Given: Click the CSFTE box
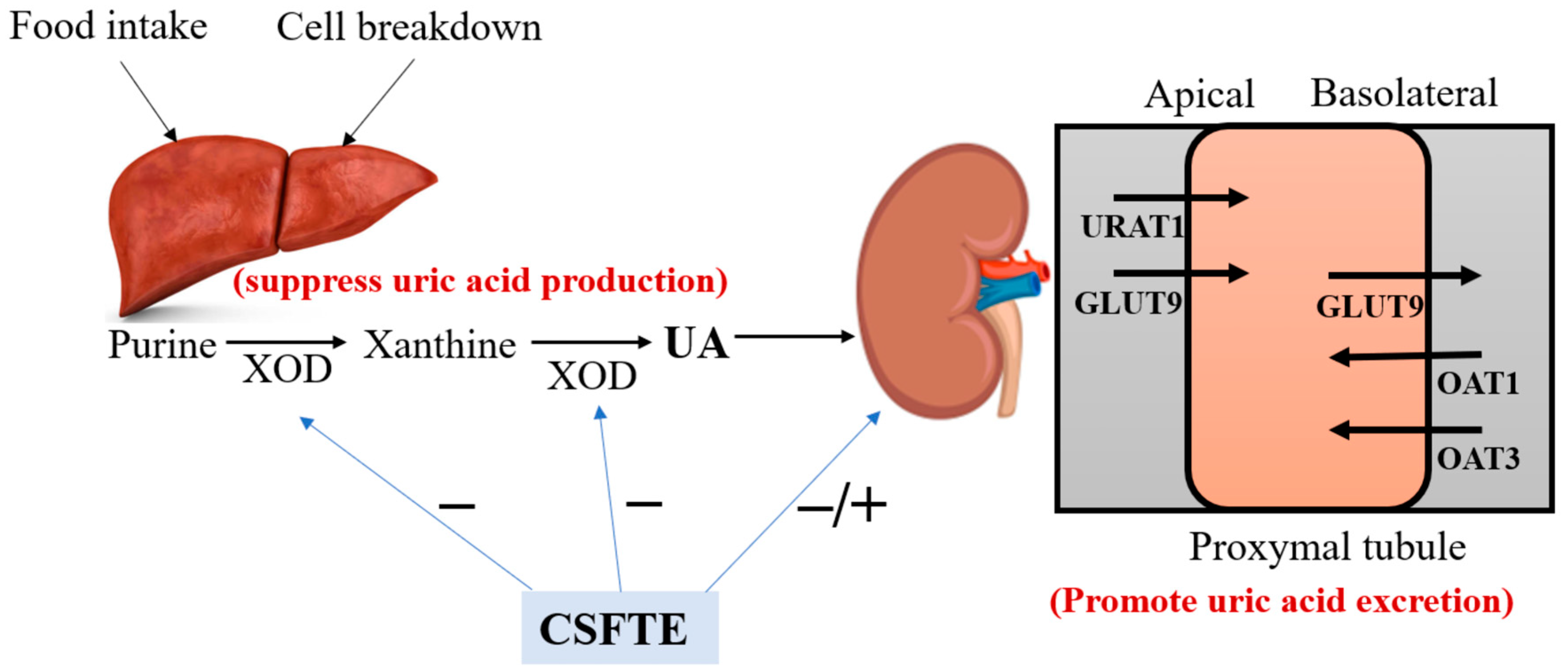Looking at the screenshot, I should pyautogui.click(x=619, y=628).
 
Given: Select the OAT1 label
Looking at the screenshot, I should pyautogui.click(x=1477, y=383).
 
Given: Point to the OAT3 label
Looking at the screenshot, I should pyautogui.click(x=1477, y=459).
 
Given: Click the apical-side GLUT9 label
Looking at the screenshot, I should pyautogui.click(x=1128, y=303).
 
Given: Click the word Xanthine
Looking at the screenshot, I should pyautogui.click(x=439, y=345).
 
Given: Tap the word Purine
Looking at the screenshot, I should pyautogui.click(x=162, y=345).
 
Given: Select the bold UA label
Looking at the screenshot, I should pyautogui.click(x=697, y=344).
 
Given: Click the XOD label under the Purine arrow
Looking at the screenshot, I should pyautogui.click(x=287, y=369).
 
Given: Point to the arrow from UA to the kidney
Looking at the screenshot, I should pyautogui.click(x=794, y=336).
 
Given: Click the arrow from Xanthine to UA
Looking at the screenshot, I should pyautogui.click(x=591, y=342).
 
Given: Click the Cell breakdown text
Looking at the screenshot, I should pyautogui.click(x=409, y=28).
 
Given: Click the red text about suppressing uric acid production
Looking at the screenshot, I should pyautogui.click(x=480, y=281).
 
